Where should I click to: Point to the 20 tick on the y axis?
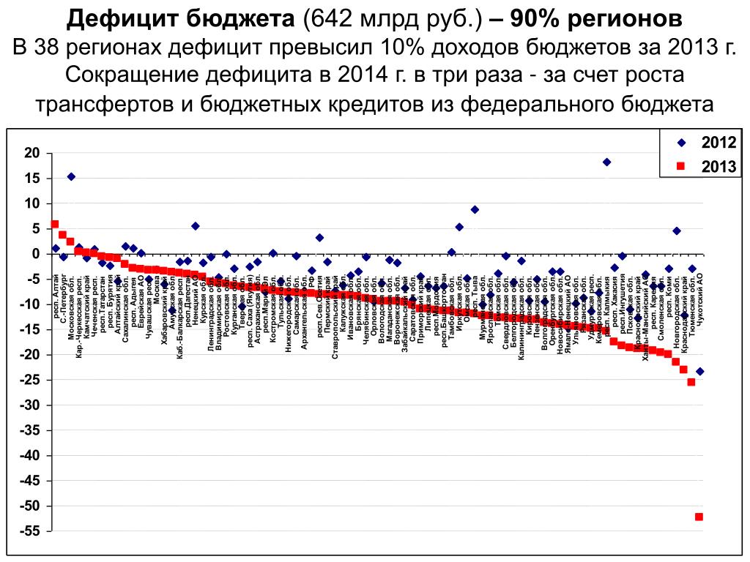(x=31, y=153)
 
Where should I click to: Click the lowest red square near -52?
(x=699, y=517)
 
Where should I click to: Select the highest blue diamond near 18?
(x=606, y=162)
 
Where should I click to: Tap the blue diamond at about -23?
(x=699, y=372)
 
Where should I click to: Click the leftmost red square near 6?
(x=55, y=224)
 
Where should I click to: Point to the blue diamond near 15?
(x=71, y=176)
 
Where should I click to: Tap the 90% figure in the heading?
(x=541, y=19)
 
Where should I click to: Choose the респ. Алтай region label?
(x=57, y=297)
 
